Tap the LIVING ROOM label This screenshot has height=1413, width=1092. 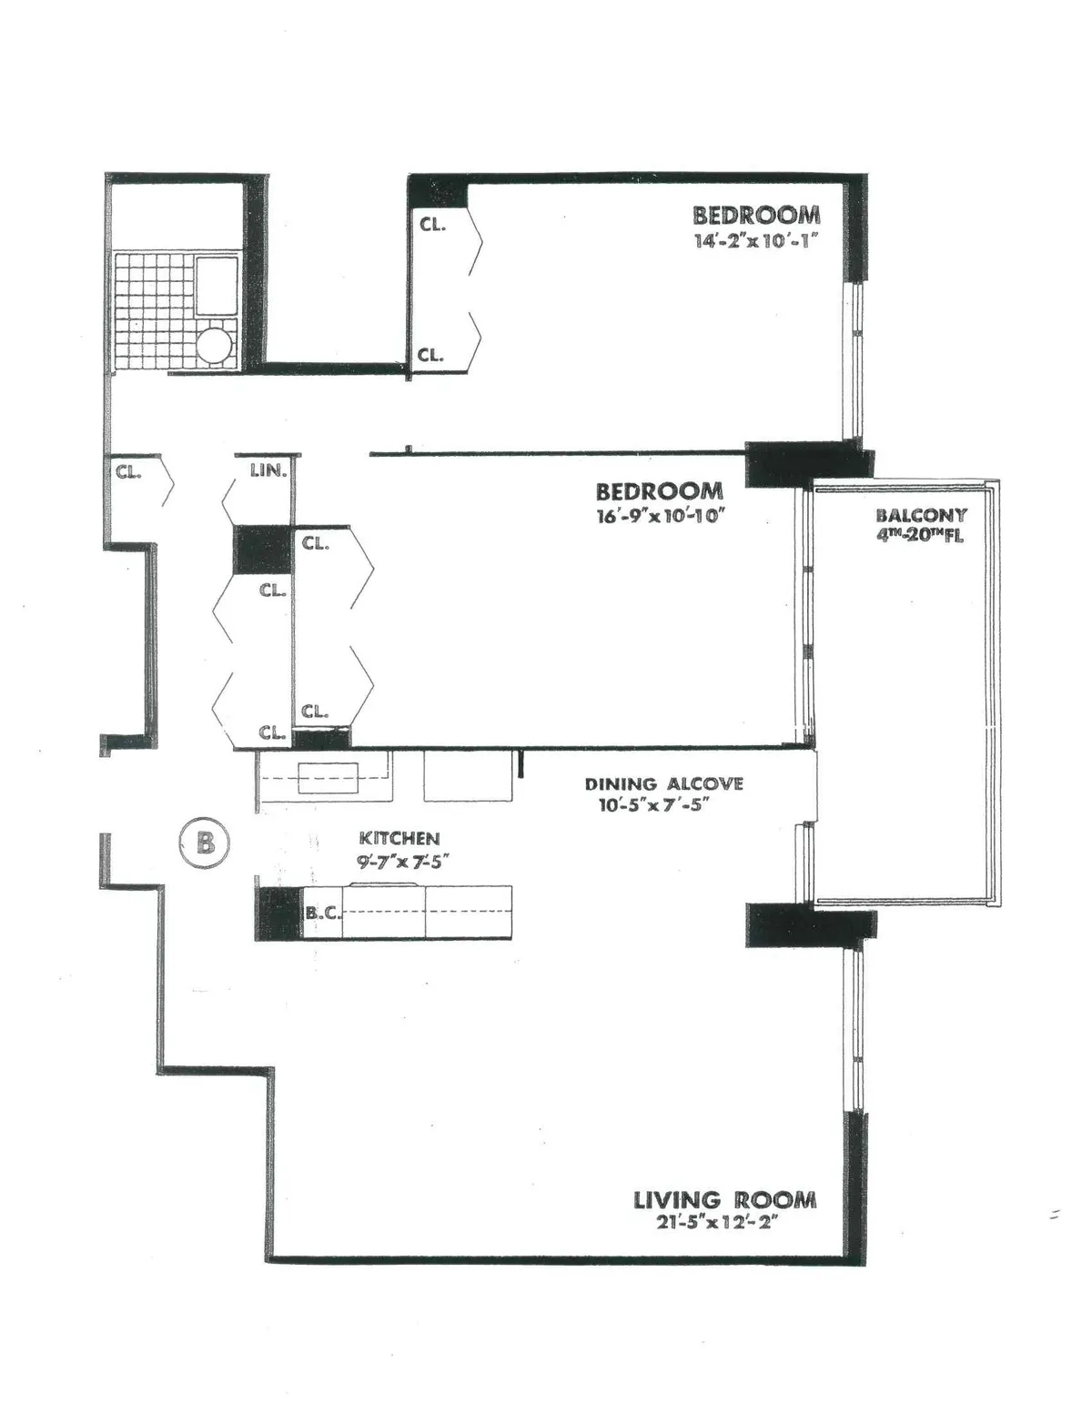click(724, 1200)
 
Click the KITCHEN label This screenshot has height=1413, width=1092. click(399, 839)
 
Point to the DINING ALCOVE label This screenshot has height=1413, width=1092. click(663, 783)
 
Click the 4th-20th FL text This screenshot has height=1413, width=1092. click(919, 535)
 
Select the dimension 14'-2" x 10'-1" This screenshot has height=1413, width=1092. click(756, 241)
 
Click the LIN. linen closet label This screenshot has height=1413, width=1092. click(268, 471)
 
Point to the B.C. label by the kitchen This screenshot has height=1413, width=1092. click(322, 912)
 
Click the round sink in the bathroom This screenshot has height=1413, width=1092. click(217, 347)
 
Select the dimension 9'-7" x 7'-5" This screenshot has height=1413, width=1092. click(399, 861)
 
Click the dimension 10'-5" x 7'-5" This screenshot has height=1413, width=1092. click(653, 805)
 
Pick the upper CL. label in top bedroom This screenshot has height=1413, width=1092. click(432, 224)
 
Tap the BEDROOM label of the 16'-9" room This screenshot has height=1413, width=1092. click(659, 491)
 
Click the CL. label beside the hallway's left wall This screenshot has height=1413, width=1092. click(127, 471)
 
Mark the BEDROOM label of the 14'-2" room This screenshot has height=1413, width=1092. click(756, 216)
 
